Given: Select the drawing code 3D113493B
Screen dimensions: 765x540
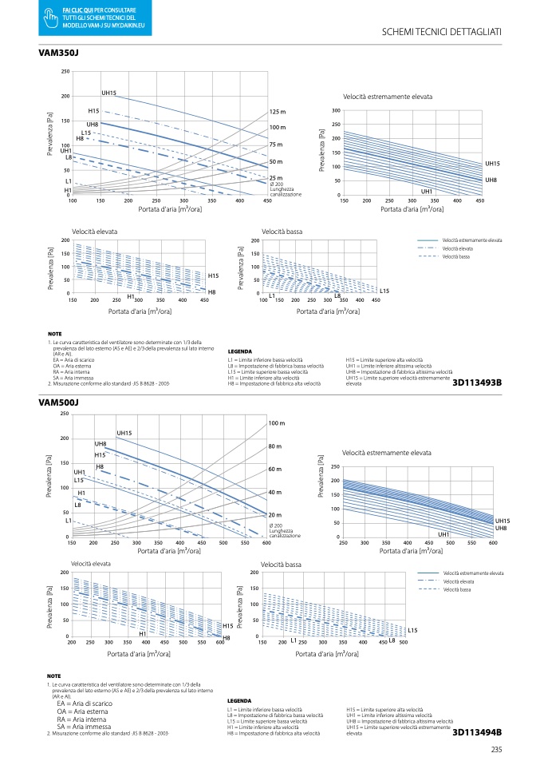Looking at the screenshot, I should click(x=477, y=383).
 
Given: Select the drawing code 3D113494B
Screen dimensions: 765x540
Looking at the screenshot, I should click(x=477, y=731).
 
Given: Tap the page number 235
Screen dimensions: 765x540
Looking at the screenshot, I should click(x=496, y=749).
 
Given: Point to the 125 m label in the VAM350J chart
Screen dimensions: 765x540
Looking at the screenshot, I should click(x=277, y=112).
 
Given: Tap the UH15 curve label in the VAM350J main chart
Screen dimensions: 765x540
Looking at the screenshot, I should click(x=109, y=93).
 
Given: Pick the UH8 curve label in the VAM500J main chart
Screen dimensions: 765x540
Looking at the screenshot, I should click(x=101, y=444).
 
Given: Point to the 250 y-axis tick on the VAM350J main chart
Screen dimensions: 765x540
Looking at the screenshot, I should click(x=65, y=72).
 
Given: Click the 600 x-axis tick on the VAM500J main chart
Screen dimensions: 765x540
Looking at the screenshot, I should click(x=266, y=542).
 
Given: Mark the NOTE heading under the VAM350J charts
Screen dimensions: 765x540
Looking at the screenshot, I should click(x=54, y=334).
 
